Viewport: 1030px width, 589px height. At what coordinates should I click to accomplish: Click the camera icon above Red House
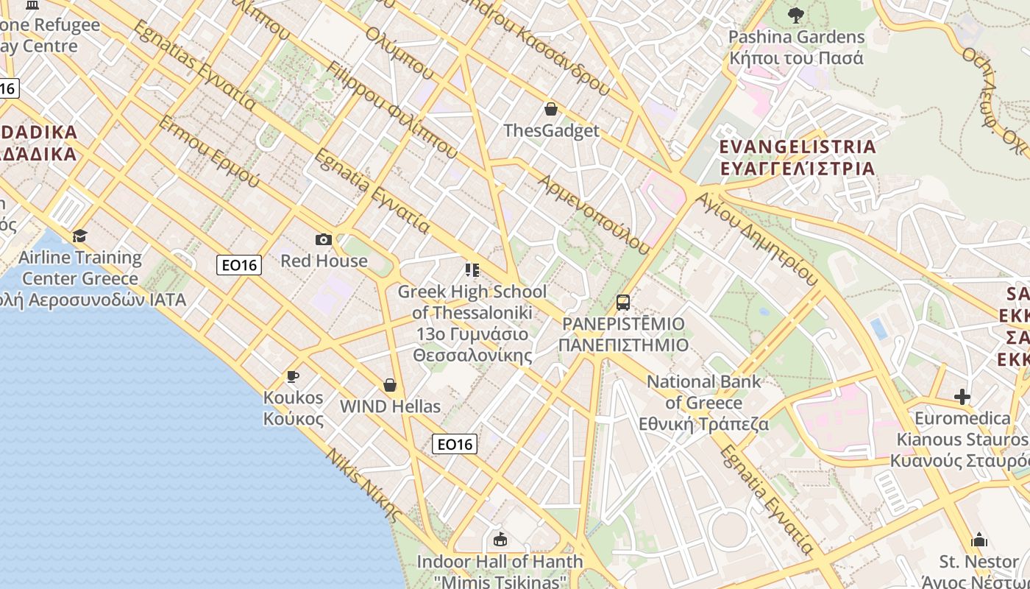(324, 239)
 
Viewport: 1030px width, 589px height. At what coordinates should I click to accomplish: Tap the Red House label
(324, 261)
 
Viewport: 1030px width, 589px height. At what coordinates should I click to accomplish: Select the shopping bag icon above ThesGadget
(550, 110)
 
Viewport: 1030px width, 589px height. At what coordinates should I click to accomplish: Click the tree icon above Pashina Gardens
(796, 15)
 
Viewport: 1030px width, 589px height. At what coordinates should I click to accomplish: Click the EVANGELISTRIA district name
(798, 147)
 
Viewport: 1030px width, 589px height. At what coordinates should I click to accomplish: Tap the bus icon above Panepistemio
(623, 302)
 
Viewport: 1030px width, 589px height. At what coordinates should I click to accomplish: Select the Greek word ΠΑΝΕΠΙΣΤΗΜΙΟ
(623, 345)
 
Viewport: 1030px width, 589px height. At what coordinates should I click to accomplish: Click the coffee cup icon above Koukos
(293, 377)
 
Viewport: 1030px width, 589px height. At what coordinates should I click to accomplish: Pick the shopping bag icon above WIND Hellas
(390, 385)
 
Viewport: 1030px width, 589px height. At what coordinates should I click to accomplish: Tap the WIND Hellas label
(390, 406)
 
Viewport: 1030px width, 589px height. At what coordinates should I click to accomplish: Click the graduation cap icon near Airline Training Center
(79, 236)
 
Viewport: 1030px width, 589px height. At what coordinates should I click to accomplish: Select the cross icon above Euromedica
(962, 398)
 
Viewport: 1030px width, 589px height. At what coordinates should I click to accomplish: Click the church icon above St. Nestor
(979, 540)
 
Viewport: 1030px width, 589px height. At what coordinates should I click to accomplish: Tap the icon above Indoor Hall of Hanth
(500, 540)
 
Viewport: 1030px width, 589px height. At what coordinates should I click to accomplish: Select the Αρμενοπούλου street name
(594, 214)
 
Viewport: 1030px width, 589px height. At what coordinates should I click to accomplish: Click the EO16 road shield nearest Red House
(240, 265)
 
